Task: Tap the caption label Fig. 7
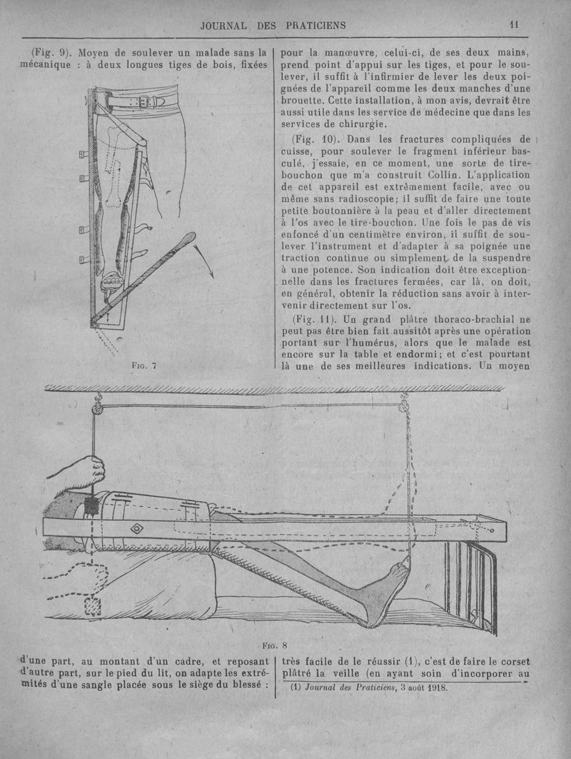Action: [145, 365]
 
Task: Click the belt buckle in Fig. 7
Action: [142, 101]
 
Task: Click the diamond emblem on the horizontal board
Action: [135, 529]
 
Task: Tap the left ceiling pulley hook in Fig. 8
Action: [95, 408]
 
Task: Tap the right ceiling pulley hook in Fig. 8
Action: [402, 406]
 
